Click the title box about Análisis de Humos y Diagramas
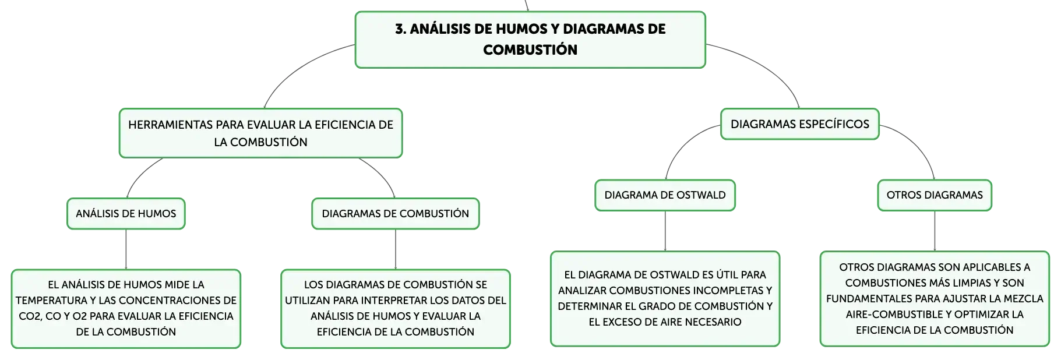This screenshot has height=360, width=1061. coord(530,40)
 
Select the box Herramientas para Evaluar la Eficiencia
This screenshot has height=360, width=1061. coord(260,133)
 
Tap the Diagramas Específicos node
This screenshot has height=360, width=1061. coord(799,124)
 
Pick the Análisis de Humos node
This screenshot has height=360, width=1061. coord(126,214)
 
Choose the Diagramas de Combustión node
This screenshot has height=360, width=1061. coord(396,214)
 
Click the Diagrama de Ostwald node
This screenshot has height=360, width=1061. coord(665,195)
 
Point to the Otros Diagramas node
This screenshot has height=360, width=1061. coord(935,195)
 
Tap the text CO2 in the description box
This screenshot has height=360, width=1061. coord(29,316)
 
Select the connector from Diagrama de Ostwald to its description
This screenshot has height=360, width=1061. coord(665,231)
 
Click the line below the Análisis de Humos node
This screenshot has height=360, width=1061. coord(126,249)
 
